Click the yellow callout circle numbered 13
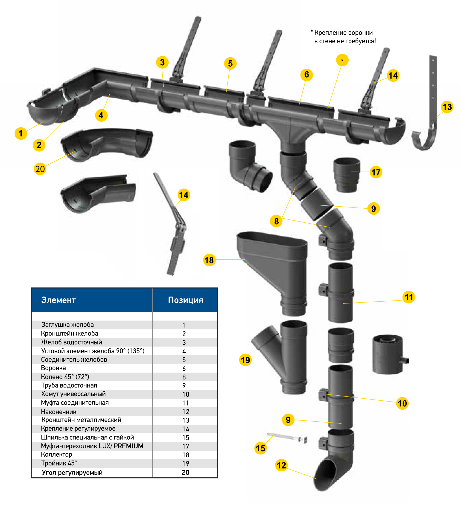(447, 107)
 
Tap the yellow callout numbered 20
(40, 169)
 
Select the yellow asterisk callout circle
(342, 60)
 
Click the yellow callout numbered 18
(209, 260)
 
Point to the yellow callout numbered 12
(281, 465)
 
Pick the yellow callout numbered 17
(376, 172)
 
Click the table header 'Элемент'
(58, 300)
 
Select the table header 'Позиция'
(185, 300)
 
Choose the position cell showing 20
(185, 472)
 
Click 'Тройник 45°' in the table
(59, 463)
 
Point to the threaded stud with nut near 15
(287, 437)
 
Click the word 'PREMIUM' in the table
(128, 446)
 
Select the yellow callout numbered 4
(101, 115)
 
